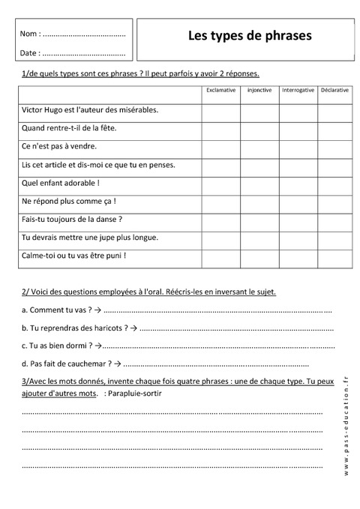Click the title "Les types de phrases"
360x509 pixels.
249,35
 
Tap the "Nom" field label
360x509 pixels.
29,34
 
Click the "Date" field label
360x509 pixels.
29,53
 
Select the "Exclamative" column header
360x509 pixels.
220,91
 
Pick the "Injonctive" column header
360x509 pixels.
259,91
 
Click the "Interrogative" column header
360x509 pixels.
298,91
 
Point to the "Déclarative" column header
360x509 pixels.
334,91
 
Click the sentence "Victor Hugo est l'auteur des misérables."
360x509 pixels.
90,109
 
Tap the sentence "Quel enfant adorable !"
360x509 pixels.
61,182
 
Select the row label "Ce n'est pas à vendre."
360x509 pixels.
59,146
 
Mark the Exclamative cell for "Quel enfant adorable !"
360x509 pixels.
220,182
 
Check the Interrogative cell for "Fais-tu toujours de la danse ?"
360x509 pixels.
298,219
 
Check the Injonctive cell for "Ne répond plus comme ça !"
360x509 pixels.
259,201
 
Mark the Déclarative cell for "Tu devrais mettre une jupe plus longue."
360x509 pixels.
334,237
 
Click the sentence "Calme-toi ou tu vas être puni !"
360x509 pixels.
73,255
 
